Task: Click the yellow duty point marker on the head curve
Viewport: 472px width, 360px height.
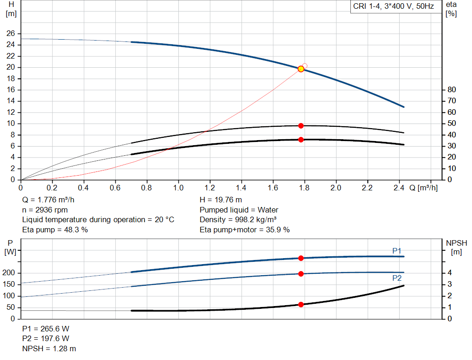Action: [301, 69]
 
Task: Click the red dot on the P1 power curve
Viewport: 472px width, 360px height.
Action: [301, 258]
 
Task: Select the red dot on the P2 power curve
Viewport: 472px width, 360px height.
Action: [301, 274]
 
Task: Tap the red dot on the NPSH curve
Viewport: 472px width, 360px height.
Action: [301, 304]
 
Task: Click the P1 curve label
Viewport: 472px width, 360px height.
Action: [397, 251]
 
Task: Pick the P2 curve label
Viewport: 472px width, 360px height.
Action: [397, 278]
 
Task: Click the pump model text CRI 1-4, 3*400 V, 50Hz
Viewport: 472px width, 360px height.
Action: [393, 7]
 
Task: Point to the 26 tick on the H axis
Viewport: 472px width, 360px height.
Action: [11, 34]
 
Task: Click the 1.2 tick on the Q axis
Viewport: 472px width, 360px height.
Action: [210, 188]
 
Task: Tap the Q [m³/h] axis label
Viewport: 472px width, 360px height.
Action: [423, 188]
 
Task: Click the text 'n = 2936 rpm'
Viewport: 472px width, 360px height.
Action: [47, 210]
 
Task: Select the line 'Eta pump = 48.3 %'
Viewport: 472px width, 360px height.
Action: [55, 229]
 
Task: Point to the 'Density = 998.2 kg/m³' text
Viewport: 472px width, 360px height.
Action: [238, 219]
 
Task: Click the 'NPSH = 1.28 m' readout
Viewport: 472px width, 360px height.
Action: [49, 348]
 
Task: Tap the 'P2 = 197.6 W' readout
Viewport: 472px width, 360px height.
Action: [46, 338]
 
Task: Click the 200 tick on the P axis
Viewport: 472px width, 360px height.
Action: [11, 273]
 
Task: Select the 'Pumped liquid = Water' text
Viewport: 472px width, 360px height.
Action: [239, 210]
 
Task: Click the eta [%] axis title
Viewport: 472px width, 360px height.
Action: [451, 8]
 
